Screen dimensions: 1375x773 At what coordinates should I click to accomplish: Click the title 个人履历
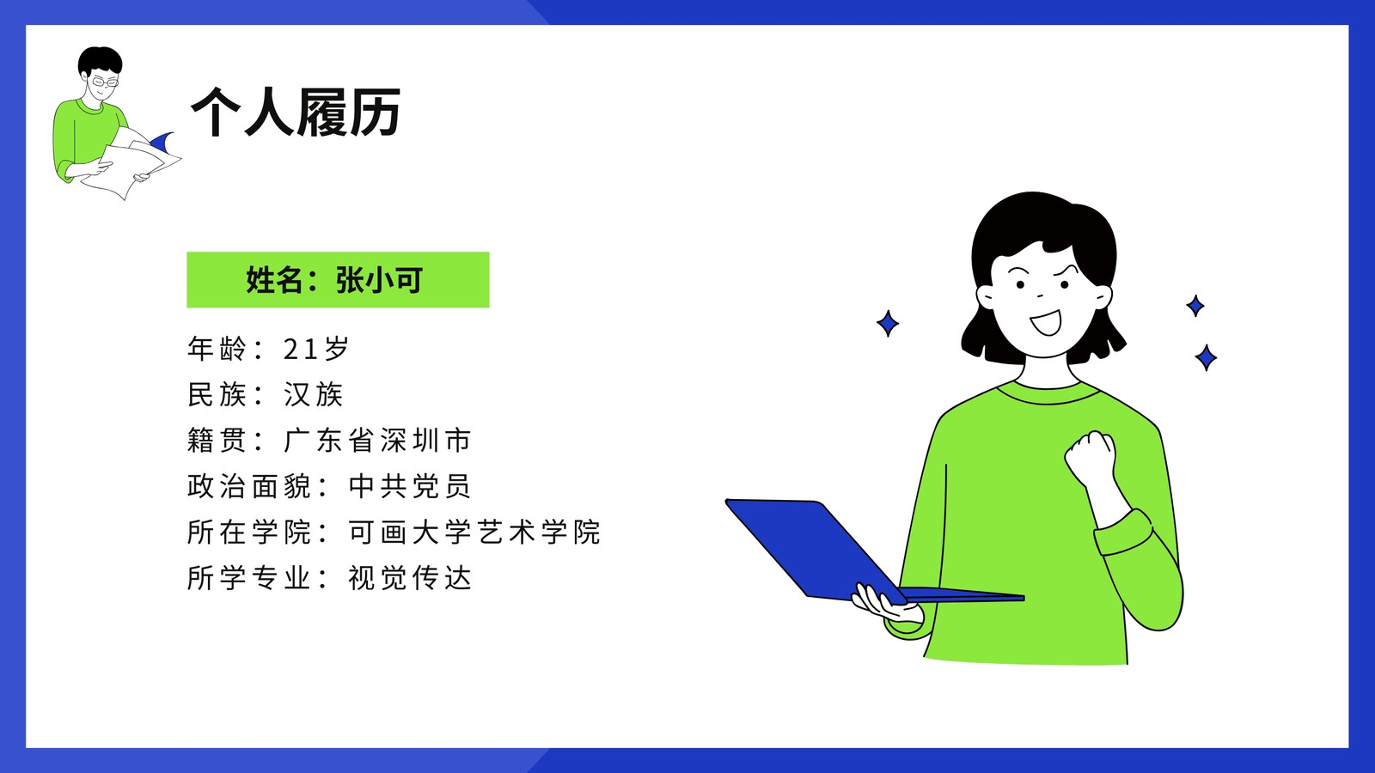click(x=296, y=112)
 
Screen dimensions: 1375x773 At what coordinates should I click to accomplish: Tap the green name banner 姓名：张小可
click(x=338, y=280)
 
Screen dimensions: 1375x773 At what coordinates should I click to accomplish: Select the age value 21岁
click(x=316, y=349)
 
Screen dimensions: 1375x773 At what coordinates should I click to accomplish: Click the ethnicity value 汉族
click(x=313, y=394)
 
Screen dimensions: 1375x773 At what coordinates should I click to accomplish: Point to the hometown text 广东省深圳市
click(x=377, y=441)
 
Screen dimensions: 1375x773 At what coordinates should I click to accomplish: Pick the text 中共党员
click(x=409, y=486)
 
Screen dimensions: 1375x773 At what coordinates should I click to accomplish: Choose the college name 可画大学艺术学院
click(x=474, y=532)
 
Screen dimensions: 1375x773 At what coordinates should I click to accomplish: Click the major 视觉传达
click(x=409, y=578)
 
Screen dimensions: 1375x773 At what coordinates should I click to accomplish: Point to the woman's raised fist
click(x=1091, y=458)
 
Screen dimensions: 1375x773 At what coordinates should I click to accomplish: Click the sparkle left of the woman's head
click(x=888, y=323)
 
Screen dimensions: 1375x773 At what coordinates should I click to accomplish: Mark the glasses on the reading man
click(x=104, y=82)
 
